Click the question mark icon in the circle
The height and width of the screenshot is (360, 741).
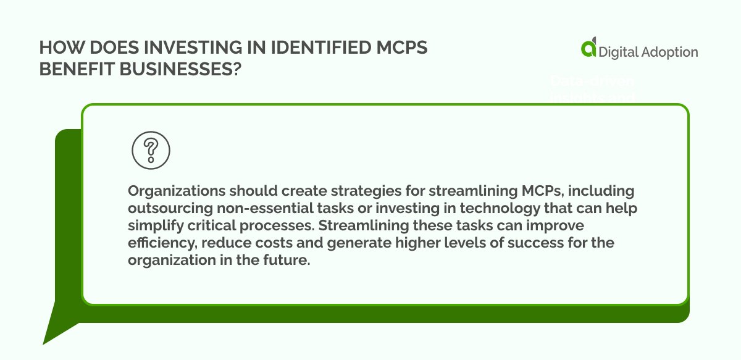[151, 149]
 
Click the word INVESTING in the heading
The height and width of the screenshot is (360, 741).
[175, 48]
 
